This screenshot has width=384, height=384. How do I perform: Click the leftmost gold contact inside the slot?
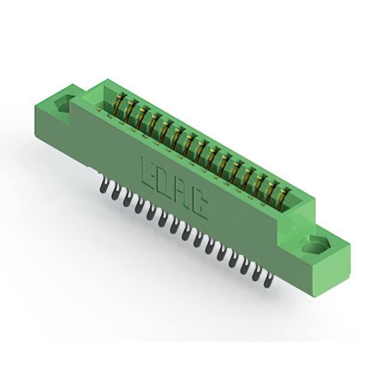click(120, 103)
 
